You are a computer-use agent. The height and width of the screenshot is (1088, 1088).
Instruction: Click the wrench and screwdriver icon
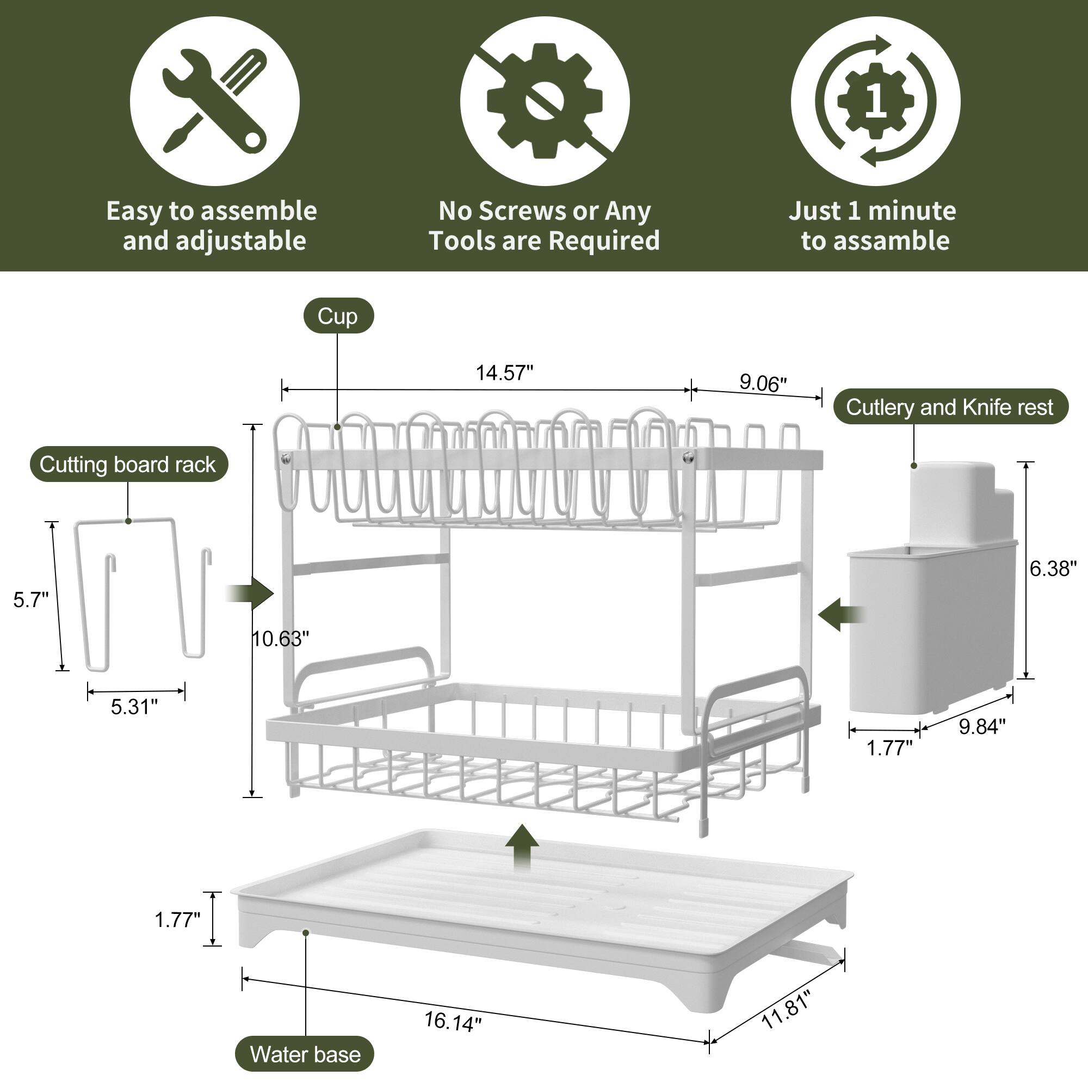[214, 101]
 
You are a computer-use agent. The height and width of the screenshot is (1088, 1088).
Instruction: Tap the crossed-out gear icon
[544, 101]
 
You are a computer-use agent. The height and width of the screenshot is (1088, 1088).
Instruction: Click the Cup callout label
[337, 316]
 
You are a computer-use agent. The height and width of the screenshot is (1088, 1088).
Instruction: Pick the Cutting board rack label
[128, 465]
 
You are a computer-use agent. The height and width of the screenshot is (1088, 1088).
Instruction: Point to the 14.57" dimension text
[504, 373]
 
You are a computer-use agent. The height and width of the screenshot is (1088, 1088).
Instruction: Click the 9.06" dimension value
[763, 384]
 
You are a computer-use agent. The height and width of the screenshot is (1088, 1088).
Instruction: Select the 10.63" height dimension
[280, 639]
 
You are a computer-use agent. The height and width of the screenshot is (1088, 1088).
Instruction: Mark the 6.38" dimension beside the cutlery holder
[1053, 569]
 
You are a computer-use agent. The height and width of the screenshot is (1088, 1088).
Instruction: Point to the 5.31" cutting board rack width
[134, 707]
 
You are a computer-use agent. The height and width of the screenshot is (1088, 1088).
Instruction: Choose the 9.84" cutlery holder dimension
[981, 727]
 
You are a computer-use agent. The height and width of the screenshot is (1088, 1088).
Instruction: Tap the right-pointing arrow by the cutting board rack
[252, 594]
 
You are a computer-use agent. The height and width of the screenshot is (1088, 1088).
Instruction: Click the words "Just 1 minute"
[871, 211]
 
